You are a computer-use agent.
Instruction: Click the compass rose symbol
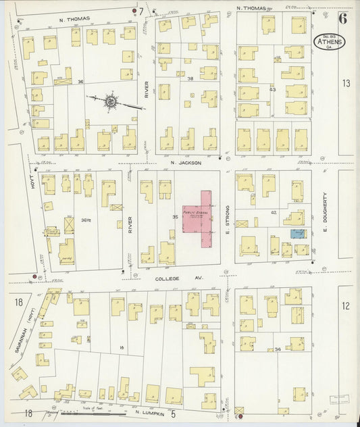point(109,102)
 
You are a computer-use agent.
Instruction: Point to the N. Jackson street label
point(186,163)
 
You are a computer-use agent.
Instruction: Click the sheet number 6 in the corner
point(342,18)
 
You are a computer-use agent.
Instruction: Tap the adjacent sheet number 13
point(346,83)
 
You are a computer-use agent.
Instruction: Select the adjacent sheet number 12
point(346,306)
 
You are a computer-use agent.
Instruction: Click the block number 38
point(190,78)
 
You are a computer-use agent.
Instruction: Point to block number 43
point(273,89)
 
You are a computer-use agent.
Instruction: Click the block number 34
point(278,349)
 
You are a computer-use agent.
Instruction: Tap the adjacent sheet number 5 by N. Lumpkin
point(173,413)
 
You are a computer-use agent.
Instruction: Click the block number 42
point(274,212)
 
